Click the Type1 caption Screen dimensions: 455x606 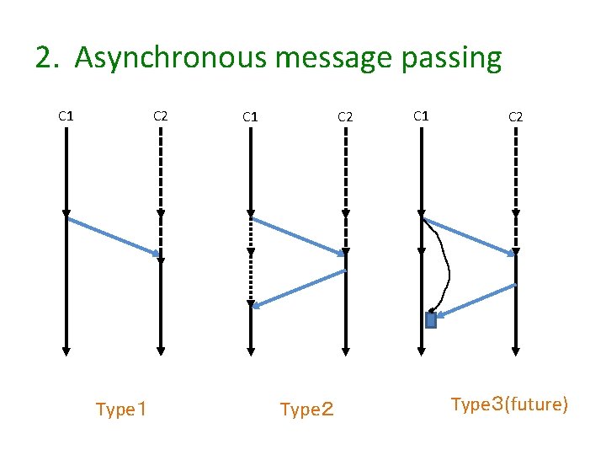[x=122, y=410]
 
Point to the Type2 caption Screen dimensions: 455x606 [x=306, y=410]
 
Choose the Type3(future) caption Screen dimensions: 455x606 [x=510, y=404]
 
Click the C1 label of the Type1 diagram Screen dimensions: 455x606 [x=66, y=115]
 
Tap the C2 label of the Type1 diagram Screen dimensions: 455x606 [x=160, y=116]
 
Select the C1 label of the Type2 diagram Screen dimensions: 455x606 [x=250, y=116]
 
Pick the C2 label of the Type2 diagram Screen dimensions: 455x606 [x=345, y=116]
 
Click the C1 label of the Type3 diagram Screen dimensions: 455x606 [x=422, y=115]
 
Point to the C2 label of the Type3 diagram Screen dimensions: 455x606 [x=515, y=116]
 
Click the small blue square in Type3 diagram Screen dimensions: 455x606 [x=431, y=320]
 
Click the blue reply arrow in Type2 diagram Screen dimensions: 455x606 [x=299, y=288]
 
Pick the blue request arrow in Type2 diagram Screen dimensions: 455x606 [x=298, y=235]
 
